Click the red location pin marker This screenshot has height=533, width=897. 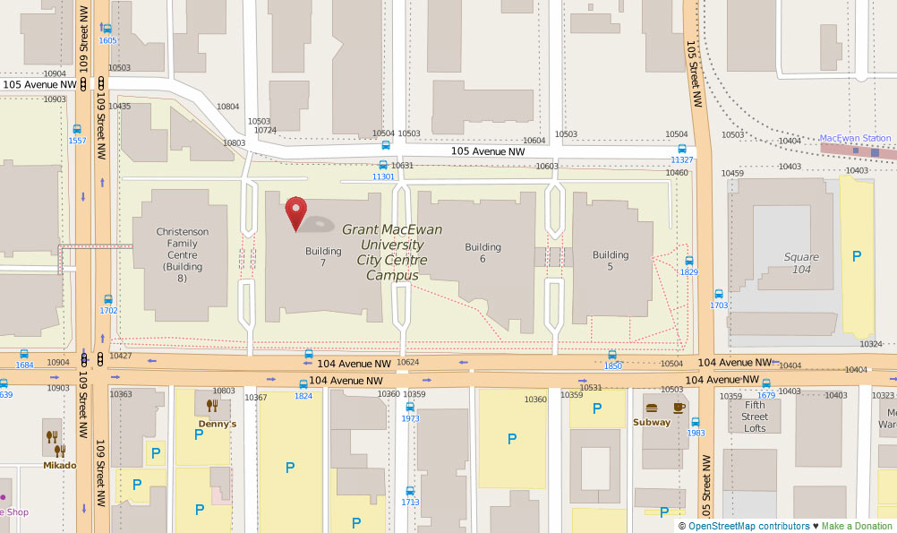tap(295, 213)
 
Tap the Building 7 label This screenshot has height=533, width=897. tap(323, 257)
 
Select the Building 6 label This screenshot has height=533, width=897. tap(483, 253)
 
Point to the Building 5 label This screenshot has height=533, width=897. tap(611, 261)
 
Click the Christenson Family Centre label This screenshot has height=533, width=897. tap(182, 249)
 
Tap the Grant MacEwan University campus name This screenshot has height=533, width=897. tap(391, 253)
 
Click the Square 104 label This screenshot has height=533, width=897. tap(801, 263)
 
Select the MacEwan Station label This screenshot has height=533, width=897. tap(856, 138)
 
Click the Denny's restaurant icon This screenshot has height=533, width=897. tap(212, 406)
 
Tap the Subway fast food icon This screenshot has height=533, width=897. tap(651, 407)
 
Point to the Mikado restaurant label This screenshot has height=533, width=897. tap(60, 465)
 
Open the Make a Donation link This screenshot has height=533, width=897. tap(858, 526)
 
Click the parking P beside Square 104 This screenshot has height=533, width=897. tap(857, 257)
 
